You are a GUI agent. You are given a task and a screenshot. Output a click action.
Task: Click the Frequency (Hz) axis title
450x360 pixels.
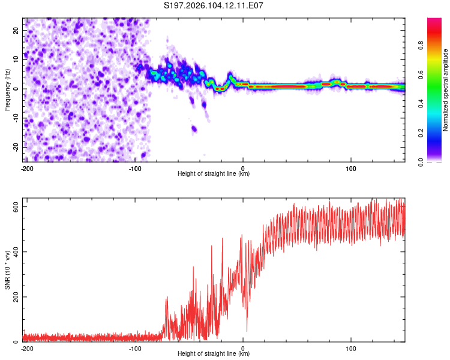(7, 89)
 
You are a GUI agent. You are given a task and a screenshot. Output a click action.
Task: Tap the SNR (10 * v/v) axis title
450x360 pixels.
(7, 271)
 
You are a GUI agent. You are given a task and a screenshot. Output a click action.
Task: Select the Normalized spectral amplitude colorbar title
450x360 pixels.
(445, 90)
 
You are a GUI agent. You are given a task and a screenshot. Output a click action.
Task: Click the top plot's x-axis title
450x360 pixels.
(214, 173)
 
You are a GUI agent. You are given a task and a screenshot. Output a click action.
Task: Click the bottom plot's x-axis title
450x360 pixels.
(214, 353)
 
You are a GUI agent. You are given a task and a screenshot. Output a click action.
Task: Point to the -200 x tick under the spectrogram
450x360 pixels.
(27, 167)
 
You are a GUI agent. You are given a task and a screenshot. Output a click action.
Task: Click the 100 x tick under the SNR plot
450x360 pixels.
(350, 347)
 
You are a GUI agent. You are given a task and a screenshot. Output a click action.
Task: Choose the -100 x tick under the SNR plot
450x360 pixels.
(135, 347)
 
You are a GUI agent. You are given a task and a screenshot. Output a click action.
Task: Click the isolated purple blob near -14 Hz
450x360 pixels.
(194, 128)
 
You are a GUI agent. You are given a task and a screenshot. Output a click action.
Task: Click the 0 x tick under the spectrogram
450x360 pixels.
(243, 167)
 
